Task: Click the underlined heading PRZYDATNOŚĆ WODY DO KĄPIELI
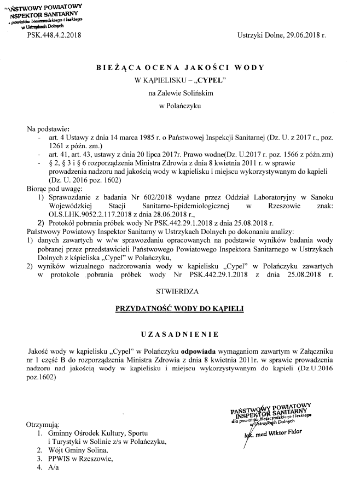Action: pyautogui.click(x=179, y=309)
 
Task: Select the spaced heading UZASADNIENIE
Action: pyautogui.click(x=179, y=333)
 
